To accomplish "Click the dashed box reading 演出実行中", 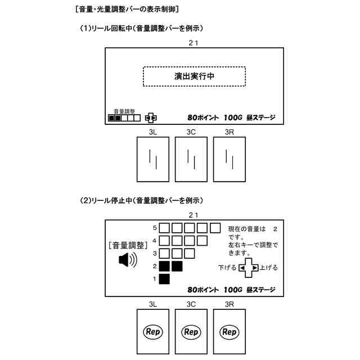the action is point(194,76).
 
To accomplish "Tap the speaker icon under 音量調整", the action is point(128,260).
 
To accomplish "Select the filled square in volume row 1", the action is point(165,278).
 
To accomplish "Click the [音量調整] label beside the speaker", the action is point(127,245).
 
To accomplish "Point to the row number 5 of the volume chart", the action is point(154,228).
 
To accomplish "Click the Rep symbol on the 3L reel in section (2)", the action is point(153,332).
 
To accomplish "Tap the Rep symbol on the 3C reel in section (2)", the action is point(191,332).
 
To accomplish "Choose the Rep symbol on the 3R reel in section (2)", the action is point(229,332).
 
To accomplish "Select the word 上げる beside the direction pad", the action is point(269,268).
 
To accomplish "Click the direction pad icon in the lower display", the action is point(249,268).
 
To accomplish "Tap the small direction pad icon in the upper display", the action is point(151,118).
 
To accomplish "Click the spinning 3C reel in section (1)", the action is point(191,157).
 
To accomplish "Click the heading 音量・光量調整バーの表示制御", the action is point(127,10).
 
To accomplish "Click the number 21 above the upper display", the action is point(193,42).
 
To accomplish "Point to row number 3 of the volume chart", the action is point(154,253).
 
